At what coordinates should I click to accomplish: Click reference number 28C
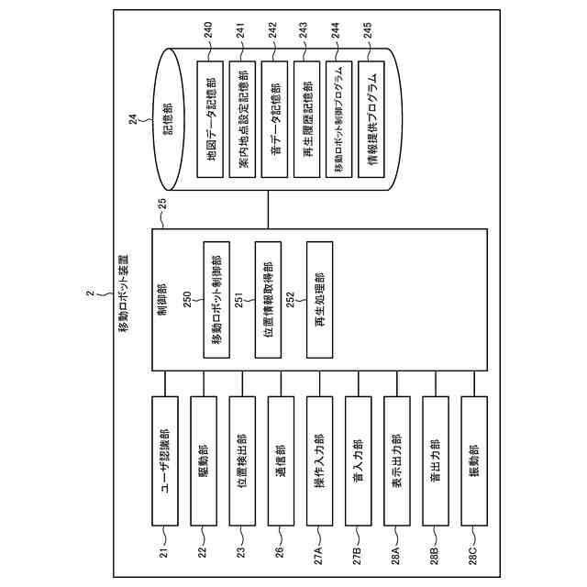475,553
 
